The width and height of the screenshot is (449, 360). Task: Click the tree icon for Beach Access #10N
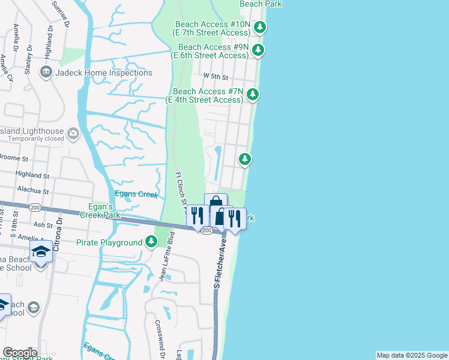(x=260, y=27)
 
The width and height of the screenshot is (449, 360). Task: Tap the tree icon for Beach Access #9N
(x=258, y=50)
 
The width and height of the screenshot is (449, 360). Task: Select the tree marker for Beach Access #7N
(x=253, y=94)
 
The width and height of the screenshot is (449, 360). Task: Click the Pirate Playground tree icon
(x=151, y=242)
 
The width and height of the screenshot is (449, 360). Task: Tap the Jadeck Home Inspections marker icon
(x=46, y=73)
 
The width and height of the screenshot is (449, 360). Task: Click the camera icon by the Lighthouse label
(x=73, y=133)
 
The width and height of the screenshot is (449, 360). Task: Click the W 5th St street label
(x=216, y=77)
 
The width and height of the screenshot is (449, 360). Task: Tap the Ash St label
(x=43, y=224)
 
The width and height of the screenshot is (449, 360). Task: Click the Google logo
(x=20, y=353)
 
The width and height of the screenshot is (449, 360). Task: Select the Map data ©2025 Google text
(x=412, y=355)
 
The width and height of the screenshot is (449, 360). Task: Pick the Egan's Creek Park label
(x=101, y=211)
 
